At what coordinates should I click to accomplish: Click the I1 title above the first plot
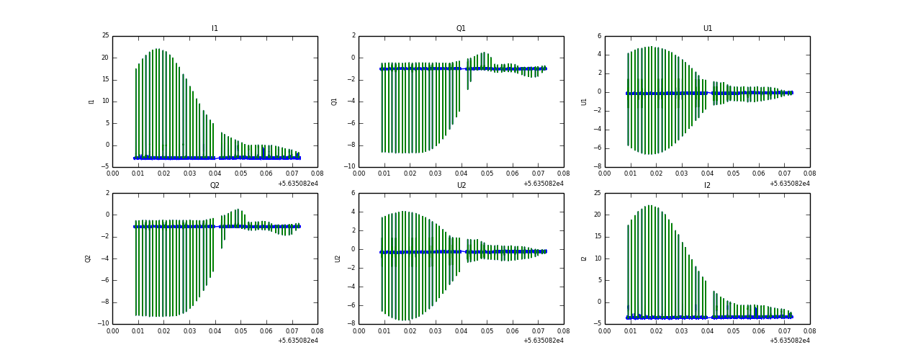215,29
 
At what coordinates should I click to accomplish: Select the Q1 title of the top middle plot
461,29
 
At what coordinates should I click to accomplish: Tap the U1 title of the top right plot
707,29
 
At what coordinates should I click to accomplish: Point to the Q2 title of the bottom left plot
215,186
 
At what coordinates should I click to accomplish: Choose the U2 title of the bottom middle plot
461,186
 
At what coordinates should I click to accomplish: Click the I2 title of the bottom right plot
707,186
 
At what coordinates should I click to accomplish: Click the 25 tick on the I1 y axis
105,36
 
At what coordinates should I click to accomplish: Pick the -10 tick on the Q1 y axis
349,167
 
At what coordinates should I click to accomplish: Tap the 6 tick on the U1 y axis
598,36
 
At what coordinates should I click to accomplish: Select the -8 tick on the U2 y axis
351,324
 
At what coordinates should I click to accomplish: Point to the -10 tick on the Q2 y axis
103,324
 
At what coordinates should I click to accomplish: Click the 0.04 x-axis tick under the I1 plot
215,174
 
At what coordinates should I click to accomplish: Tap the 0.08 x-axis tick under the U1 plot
809,174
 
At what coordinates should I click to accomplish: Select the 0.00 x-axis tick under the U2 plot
359,330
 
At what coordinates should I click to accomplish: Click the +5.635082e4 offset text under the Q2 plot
297,341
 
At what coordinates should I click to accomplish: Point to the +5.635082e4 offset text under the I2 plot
789,341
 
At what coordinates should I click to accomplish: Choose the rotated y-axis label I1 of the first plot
92,102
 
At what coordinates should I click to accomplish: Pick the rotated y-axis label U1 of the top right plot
585,102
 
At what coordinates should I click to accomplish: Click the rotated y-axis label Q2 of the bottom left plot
89,258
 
